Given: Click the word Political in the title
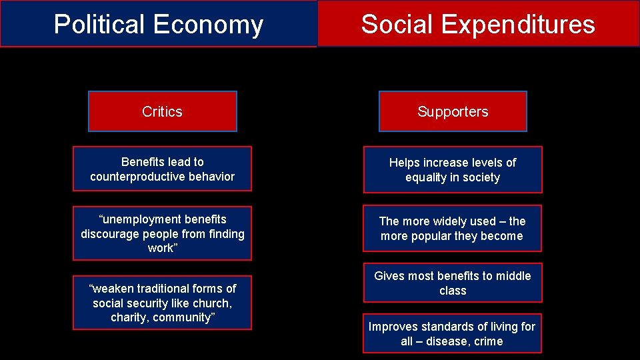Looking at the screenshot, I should tap(99, 25).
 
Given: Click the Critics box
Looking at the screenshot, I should tap(162, 111).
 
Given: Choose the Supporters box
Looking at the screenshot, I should tap(453, 111).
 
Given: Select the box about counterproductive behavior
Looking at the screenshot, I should tap(162, 169).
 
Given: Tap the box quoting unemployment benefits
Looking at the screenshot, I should tap(162, 233).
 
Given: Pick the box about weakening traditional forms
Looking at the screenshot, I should tap(162, 303).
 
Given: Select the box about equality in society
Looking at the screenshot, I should tap(453, 170).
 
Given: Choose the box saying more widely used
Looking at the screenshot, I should tap(452, 229).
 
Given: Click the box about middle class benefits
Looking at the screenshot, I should tap(453, 283).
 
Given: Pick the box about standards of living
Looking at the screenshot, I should tap(452, 333).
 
